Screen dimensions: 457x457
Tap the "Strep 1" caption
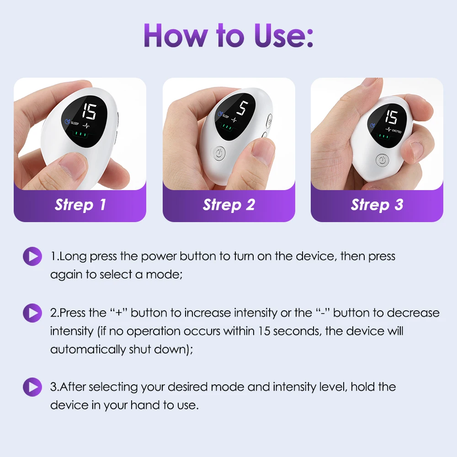(x=80, y=205)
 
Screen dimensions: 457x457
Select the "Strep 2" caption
(x=228, y=205)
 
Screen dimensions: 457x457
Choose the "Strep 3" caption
(x=377, y=205)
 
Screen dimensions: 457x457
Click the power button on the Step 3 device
(x=383, y=160)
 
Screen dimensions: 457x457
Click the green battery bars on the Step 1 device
(x=81, y=134)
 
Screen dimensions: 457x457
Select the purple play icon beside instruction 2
(x=32, y=313)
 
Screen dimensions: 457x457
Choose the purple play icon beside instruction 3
(x=32, y=387)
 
